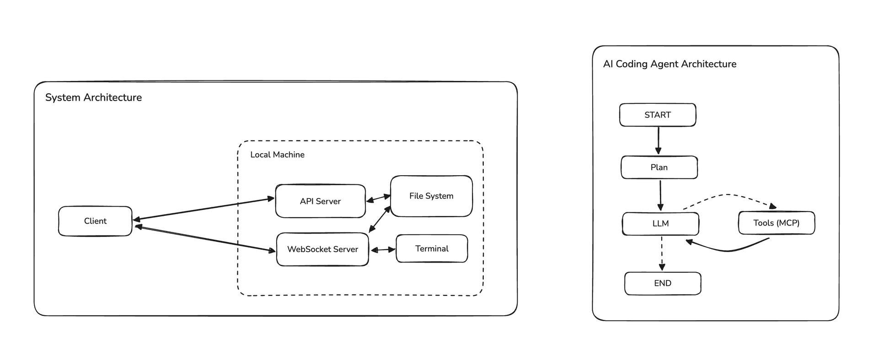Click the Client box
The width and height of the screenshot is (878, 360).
pos(95,221)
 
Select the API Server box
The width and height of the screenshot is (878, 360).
pos(320,201)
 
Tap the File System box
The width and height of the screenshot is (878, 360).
pos(431,196)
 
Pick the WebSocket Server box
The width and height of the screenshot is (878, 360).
pos(322,249)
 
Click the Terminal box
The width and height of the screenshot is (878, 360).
pos(432,248)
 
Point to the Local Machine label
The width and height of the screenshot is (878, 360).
pos(277,155)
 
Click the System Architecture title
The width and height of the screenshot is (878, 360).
pos(93,97)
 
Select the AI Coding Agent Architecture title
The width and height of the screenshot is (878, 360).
pos(669,64)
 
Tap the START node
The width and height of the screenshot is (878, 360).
pos(658,115)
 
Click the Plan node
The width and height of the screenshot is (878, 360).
pos(659,167)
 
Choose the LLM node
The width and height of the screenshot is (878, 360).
pos(660,223)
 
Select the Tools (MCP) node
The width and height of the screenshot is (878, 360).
pos(776,223)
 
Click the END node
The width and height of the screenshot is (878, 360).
pos(663,283)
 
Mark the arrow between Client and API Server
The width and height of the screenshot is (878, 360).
pos(203,209)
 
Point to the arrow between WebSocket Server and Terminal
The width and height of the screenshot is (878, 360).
pos(383,250)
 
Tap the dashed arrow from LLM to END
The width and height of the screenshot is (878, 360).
pos(662,253)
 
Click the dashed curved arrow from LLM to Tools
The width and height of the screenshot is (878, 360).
pos(727,195)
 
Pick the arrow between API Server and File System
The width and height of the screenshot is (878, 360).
pos(378,199)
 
